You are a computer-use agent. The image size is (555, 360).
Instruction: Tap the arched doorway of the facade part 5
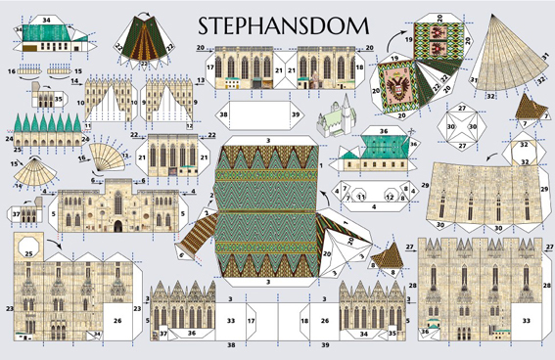[118, 225]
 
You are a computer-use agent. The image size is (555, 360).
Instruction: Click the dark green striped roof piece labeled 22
[148, 39]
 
